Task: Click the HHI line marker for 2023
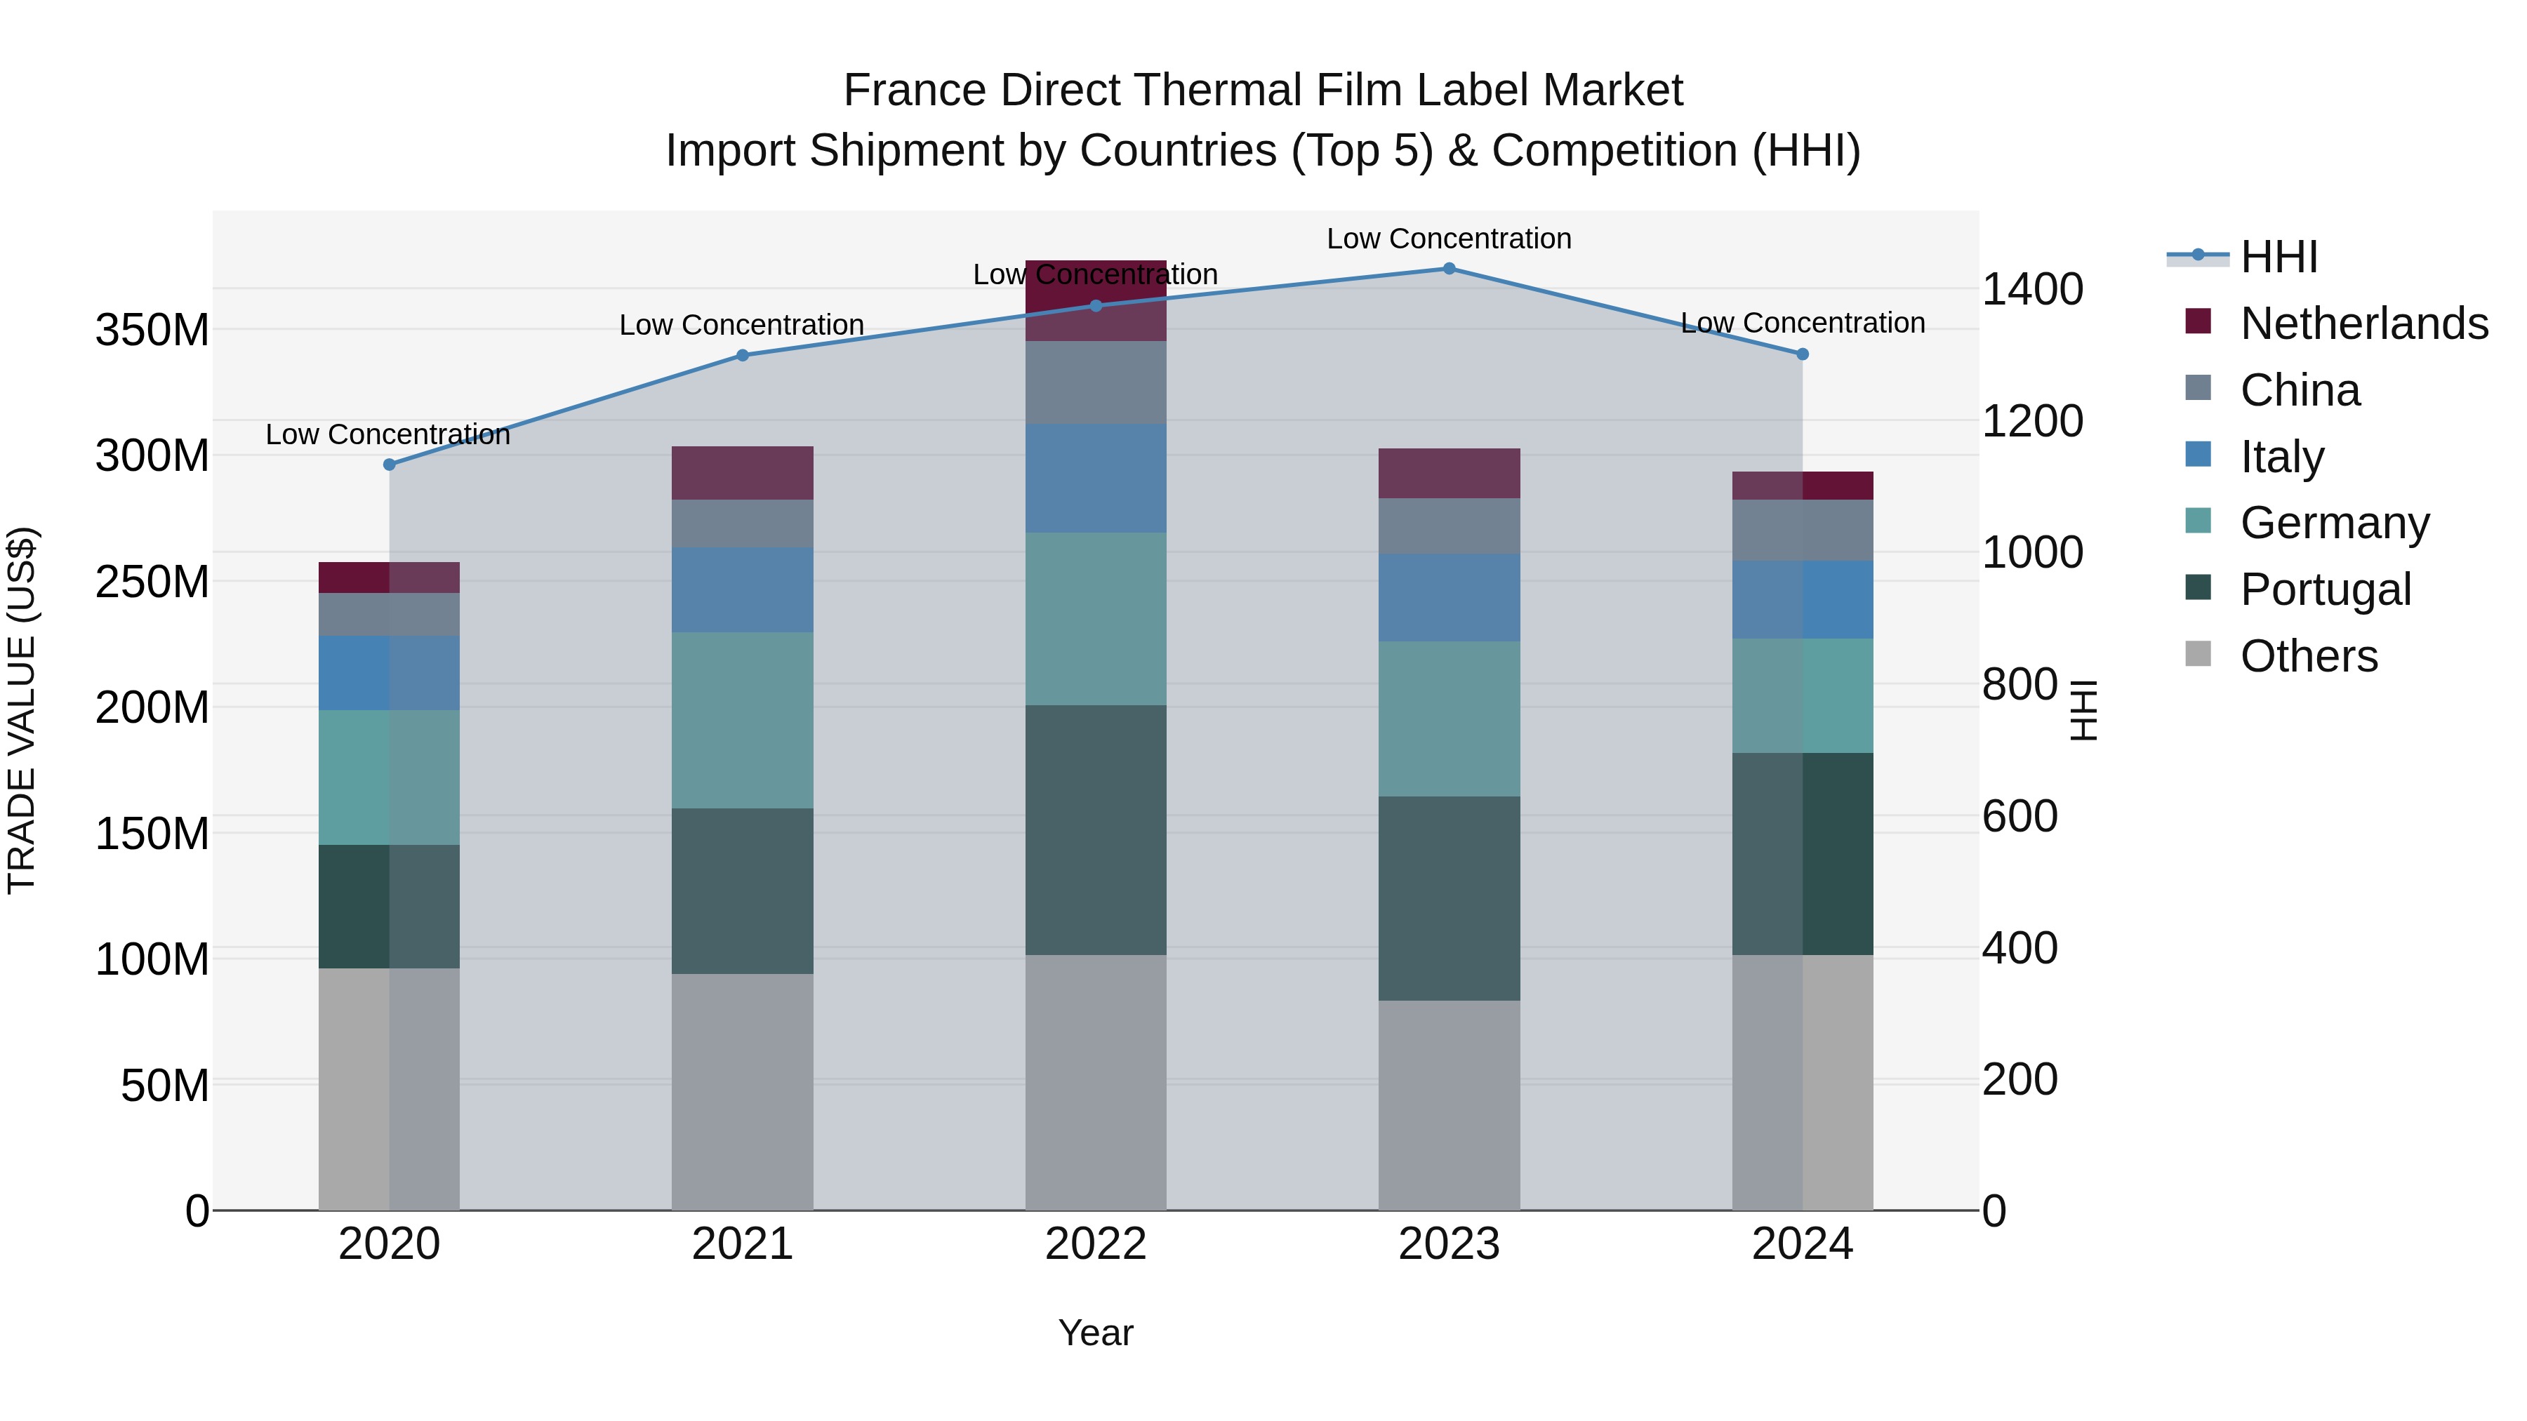click(x=1449, y=269)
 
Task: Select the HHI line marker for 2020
click(x=390, y=465)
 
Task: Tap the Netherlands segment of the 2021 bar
click(x=743, y=473)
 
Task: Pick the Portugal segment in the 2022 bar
click(x=1096, y=829)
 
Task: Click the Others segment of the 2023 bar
click(x=1449, y=1105)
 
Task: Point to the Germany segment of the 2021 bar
click(x=743, y=720)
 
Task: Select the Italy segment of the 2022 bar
click(x=1096, y=478)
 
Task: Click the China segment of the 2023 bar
click(x=1449, y=526)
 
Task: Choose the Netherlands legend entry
click(x=2363, y=323)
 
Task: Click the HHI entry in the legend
click(x=2279, y=257)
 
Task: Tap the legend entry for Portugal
click(x=2325, y=589)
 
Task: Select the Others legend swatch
click(x=2198, y=654)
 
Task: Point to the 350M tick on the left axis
click(x=152, y=331)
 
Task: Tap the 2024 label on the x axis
click(x=1802, y=1244)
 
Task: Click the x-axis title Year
click(x=1096, y=1333)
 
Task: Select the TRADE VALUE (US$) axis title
click(x=22, y=710)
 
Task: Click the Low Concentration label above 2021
click(x=742, y=325)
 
